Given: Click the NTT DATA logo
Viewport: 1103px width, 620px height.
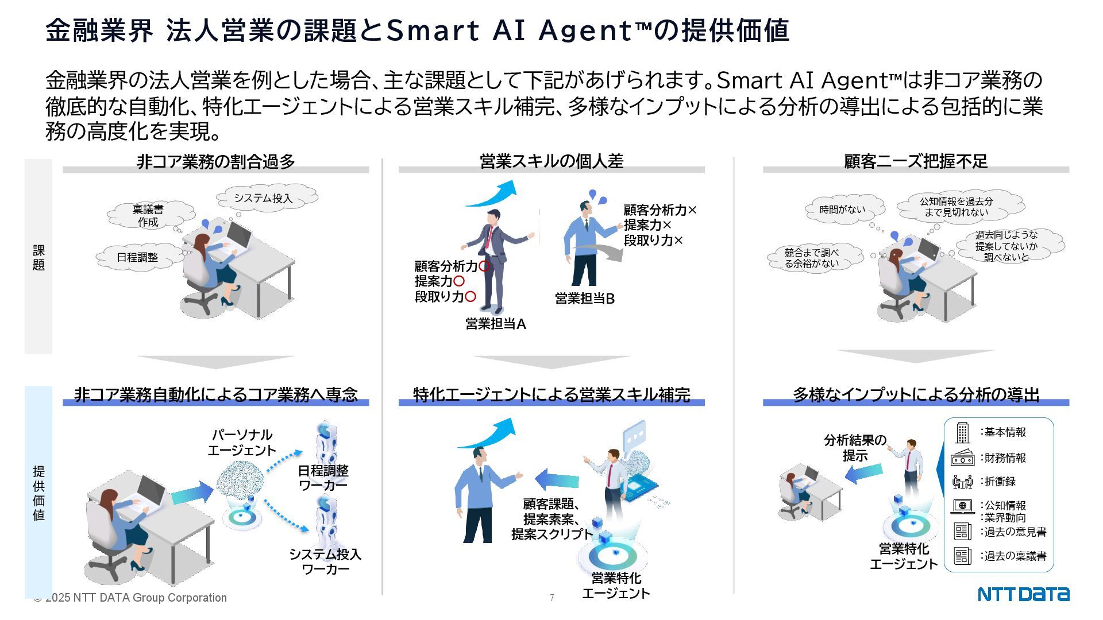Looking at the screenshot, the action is (x=1023, y=594).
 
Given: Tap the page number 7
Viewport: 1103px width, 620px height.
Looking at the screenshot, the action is (x=551, y=598).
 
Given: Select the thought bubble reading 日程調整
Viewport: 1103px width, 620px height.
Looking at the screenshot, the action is (x=137, y=257).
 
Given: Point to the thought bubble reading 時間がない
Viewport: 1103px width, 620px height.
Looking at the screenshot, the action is (x=842, y=210).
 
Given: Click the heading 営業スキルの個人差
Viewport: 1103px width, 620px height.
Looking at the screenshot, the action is (x=551, y=161).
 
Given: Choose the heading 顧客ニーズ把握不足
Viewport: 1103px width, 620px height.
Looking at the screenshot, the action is (x=916, y=161).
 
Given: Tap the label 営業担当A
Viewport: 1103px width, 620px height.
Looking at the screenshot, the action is (x=495, y=324).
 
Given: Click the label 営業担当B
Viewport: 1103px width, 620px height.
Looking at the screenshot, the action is (x=584, y=299).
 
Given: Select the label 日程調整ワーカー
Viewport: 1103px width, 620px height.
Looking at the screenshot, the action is (x=323, y=478).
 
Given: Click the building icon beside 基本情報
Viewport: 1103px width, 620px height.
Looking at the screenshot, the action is (x=962, y=432).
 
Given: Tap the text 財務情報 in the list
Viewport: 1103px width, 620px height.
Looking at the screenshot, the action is (x=1005, y=458).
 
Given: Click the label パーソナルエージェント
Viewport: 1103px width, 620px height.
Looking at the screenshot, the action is (x=242, y=442).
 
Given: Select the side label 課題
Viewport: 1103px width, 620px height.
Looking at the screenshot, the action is (x=38, y=257).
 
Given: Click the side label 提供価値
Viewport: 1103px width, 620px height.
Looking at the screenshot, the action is (x=38, y=493).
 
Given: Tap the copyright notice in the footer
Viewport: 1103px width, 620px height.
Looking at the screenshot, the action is (x=130, y=598).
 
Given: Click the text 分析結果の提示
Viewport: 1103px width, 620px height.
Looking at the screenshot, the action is (x=855, y=448).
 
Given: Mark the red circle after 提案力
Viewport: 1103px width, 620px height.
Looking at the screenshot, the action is (x=458, y=281).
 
